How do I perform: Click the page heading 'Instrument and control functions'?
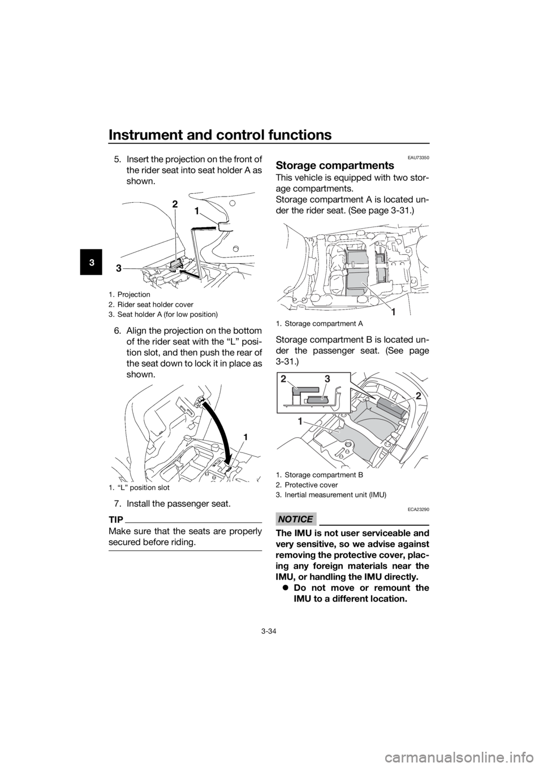pos(219,135)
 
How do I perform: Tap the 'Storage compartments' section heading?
pos(335,165)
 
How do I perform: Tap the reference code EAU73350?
pos(419,158)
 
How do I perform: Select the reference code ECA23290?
pos(419,509)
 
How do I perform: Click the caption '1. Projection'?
pos(129,294)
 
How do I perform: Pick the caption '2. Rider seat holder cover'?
pos(151,304)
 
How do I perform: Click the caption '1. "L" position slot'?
pos(139,487)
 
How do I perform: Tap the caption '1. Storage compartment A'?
pos(320,323)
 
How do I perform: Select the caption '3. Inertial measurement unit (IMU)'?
pos(331,495)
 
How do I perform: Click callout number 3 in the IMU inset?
pos(327,379)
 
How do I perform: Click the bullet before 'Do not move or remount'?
pos(286,589)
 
